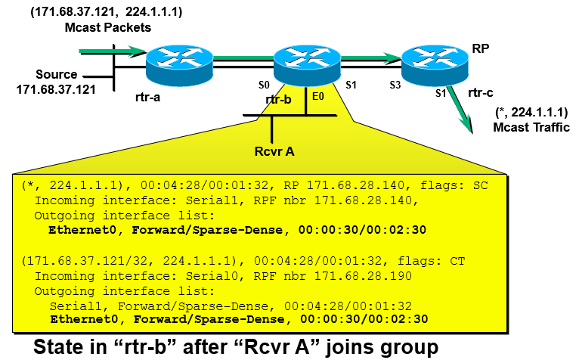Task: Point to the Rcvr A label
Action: pos(274,150)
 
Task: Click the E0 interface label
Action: pos(317,97)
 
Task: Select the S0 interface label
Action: pos(265,85)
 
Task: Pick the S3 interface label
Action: pos(396,85)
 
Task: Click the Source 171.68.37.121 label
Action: pos(56,82)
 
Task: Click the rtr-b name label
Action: pos(279,99)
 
